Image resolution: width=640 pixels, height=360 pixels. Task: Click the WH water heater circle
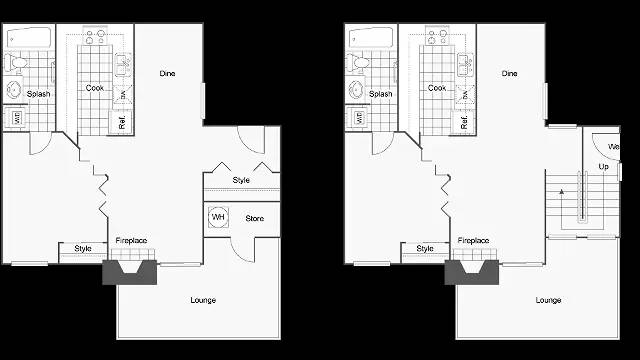pyautogui.click(x=218, y=217)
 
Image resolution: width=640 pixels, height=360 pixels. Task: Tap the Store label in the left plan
pyautogui.click(x=254, y=217)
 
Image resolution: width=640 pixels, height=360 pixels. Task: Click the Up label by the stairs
pyautogui.click(x=603, y=166)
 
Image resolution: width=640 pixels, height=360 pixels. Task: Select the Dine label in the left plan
pyautogui.click(x=168, y=73)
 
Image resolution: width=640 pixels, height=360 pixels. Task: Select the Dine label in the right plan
pyautogui.click(x=509, y=73)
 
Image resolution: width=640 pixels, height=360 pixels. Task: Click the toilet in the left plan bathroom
pyautogui.click(x=15, y=63)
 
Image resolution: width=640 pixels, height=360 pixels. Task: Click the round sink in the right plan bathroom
pyautogui.click(x=357, y=91)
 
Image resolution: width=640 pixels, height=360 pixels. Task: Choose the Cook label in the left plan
pyautogui.click(x=94, y=88)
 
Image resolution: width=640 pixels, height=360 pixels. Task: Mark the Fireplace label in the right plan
pyautogui.click(x=473, y=241)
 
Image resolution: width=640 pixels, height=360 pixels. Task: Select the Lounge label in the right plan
pyautogui.click(x=547, y=300)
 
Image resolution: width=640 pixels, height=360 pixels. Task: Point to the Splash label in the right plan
pyautogui.click(x=380, y=94)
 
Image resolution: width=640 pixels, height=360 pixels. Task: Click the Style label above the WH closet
pyautogui.click(x=241, y=180)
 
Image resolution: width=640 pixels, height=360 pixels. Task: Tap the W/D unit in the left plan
pyautogui.click(x=17, y=118)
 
